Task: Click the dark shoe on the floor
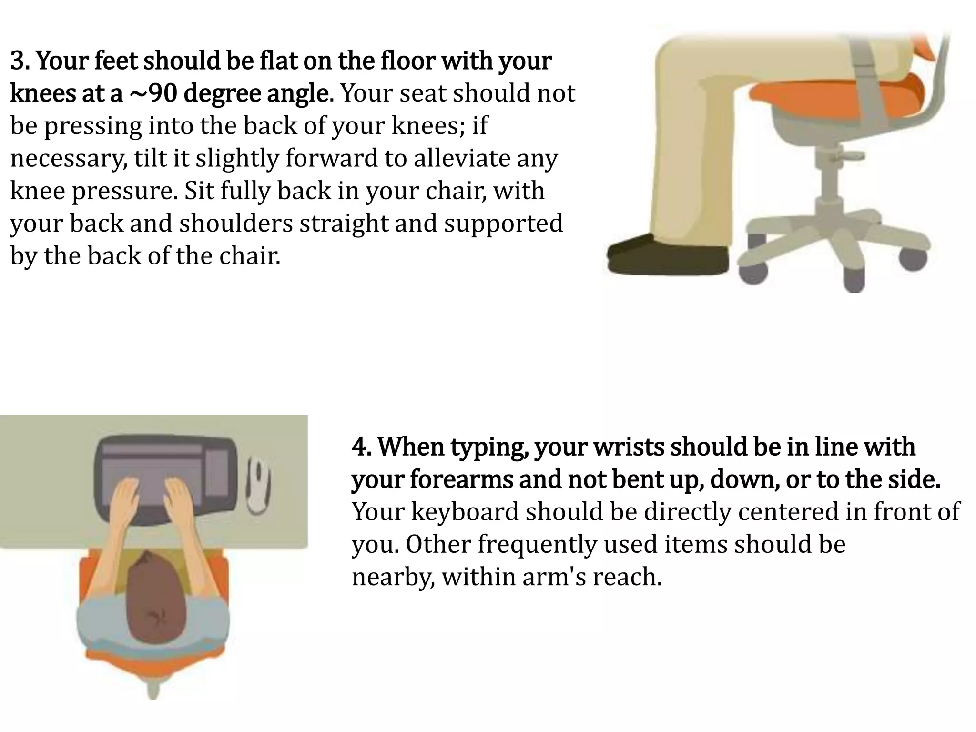coord(667,255)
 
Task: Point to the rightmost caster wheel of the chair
coord(913,259)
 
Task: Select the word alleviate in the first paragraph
coord(452,158)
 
